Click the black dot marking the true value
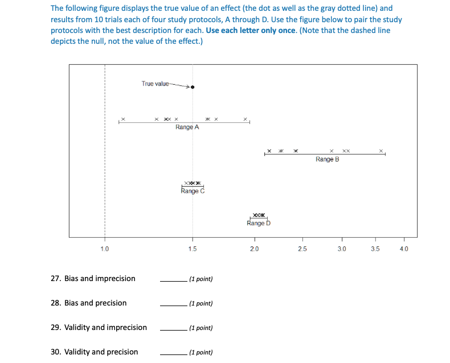pos(193,87)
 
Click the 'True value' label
pos(155,84)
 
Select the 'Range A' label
pos(187,127)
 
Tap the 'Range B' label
pos(327,159)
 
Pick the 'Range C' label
pos(193,191)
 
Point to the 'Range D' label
pos(259,223)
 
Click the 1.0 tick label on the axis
pos(104,249)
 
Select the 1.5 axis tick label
pos(193,249)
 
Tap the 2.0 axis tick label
pos(254,249)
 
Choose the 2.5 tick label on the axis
pos(302,249)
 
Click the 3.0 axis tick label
pos(341,249)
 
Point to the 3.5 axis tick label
pos(375,249)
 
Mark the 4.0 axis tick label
pos(404,249)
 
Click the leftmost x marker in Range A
pos(123,119)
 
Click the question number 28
pos(56,303)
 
